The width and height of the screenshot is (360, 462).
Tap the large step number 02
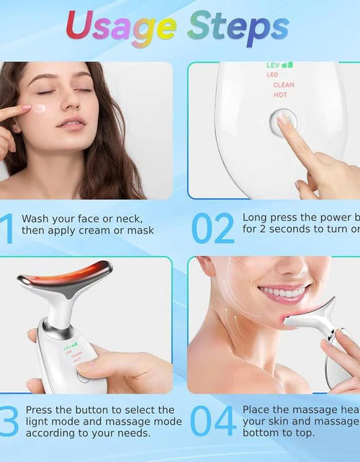213,228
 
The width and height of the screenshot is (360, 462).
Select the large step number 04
214,421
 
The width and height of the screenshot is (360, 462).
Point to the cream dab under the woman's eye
40,108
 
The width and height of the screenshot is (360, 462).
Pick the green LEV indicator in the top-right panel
280,65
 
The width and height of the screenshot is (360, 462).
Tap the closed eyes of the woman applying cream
61,92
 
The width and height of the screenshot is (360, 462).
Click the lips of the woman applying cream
71,123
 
